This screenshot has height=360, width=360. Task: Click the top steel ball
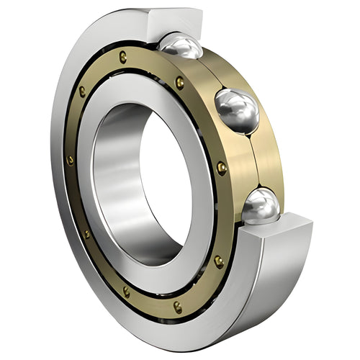[x=181, y=46]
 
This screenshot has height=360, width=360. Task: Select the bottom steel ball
[x=260, y=206]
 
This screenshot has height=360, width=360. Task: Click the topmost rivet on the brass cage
[x=123, y=57]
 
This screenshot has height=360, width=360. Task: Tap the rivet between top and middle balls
[x=179, y=82]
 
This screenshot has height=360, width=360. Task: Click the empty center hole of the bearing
[x=162, y=180]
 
